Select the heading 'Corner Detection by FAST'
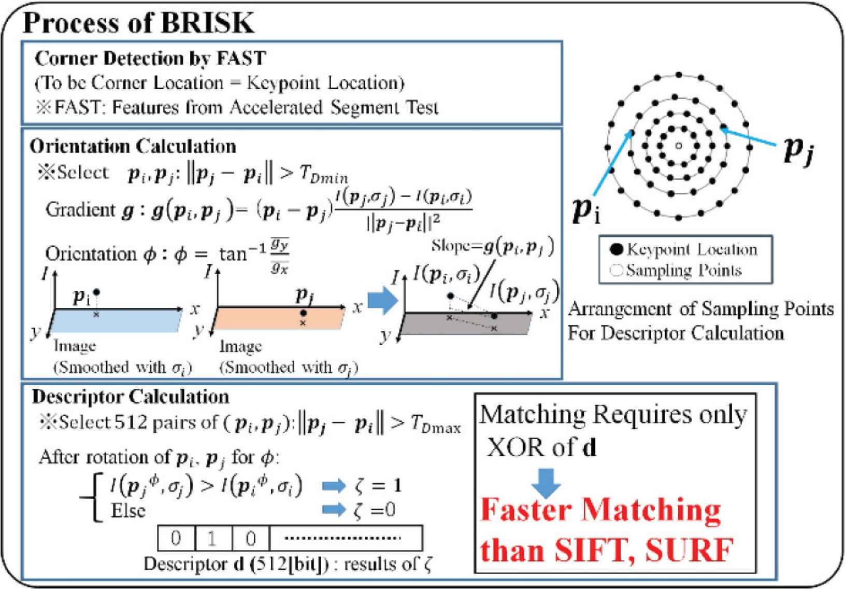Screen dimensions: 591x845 click(x=150, y=58)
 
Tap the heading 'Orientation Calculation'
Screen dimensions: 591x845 click(x=133, y=146)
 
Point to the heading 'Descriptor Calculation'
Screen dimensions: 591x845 click(x=131, y=397)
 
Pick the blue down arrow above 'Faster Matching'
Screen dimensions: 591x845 click(x=546, y=482)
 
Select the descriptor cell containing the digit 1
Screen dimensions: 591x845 click(x=213, y=539)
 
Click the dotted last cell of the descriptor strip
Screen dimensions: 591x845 click(x=345, y=539)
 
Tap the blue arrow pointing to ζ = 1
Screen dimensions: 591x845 click(x=334, y=486)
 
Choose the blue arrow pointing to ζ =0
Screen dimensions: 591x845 click(x=334, y=510)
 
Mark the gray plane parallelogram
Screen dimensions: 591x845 click(x=466, y=324)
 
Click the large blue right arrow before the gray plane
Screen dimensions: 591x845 click(x=382, y=301)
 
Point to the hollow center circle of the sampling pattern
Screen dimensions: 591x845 click(x=678, y=146)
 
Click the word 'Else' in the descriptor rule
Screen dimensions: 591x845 click(x=128, y=511)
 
